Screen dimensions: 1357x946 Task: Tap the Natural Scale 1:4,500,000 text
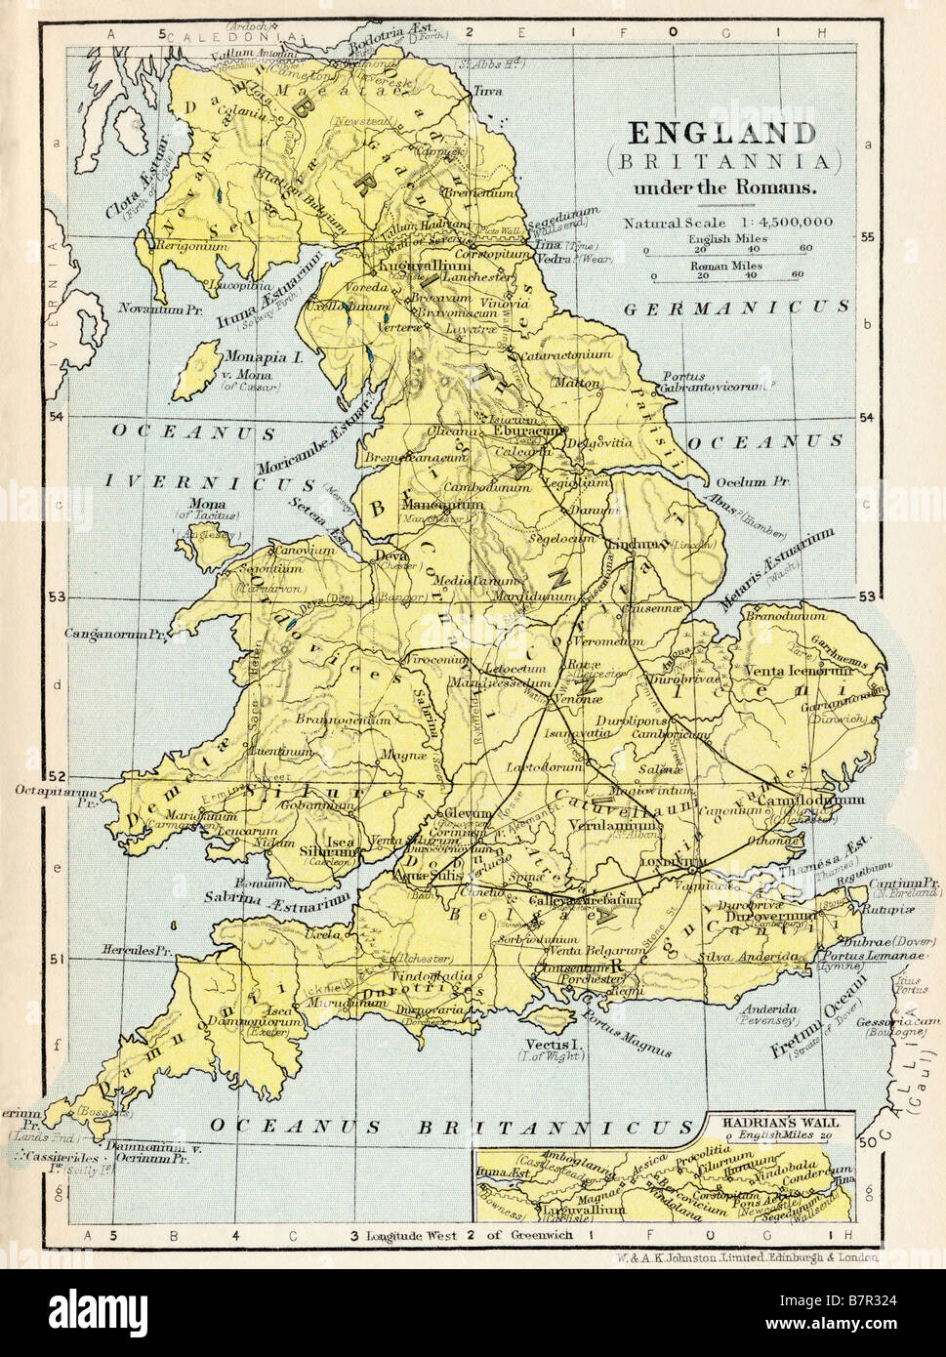(728, 222)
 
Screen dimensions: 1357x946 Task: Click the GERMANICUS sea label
(736, 307)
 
